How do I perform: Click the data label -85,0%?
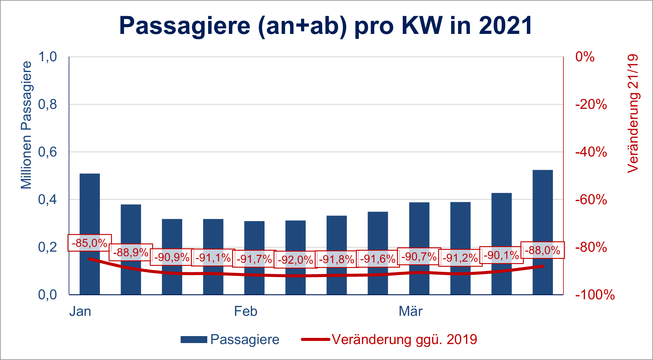[x=90, y=243]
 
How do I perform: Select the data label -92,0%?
[x=295, y=260]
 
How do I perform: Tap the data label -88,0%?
[x=542, y=250]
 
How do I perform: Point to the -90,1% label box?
[x=501, y=255]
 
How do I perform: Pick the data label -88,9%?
[x=131, y=252]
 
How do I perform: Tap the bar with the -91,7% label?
[x=254, y=236]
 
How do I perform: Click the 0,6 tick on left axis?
[x=48, y=152]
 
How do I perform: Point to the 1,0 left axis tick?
[x=48, y=57]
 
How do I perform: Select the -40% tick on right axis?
[x=591, y=152]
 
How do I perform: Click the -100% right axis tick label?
[x=595, y=295]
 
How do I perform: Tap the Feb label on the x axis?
[x=245, y=311]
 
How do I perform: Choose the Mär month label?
[x=410, y=311]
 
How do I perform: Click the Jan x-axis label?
[x=80, y=311]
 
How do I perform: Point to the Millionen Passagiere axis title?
[x=26, y=125]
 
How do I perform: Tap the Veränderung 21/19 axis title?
[x=633, y=114]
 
